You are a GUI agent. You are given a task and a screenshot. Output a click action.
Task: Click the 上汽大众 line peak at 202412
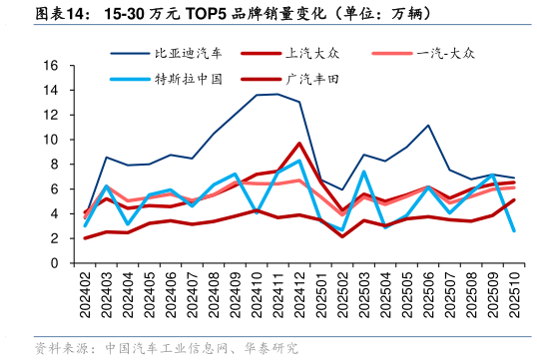[299, 144]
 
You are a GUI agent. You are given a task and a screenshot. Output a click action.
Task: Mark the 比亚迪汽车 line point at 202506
[428, 126]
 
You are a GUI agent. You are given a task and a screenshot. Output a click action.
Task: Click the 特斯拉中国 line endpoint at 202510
[514, 230]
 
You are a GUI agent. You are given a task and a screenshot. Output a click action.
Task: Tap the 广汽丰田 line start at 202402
[85, 238]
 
